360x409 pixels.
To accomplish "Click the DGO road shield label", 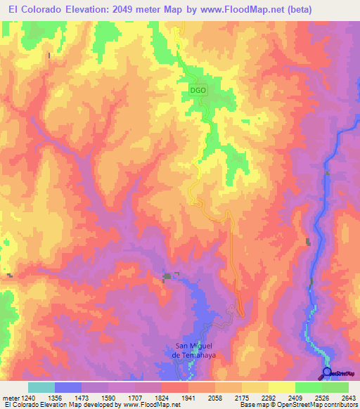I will [x=198, y=91].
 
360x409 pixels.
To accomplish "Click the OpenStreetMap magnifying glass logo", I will [x=327, y=372].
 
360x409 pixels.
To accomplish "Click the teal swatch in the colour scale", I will [x=41, y=387].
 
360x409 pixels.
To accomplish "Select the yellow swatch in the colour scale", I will [x=282, y=387].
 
